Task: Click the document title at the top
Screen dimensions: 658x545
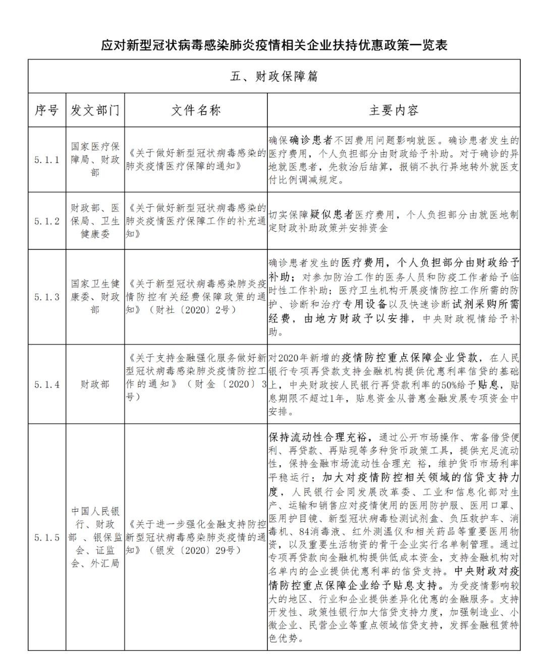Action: (274, 45)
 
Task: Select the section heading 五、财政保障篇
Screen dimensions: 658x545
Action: (274, 76)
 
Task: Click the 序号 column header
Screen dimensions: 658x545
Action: (47, 111)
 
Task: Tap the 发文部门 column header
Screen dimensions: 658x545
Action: (95, 111)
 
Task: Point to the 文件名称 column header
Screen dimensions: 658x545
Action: (196, 111)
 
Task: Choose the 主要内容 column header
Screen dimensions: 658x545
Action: (394, 111)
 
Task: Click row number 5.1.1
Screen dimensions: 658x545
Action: (47, 160)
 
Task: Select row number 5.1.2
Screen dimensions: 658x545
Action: (47, 221)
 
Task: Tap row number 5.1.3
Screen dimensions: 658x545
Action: (47, 297)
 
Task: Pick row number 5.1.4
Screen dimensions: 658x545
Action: (47, 385)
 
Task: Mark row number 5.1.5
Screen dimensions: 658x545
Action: (47, 537)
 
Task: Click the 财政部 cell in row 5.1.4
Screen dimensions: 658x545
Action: (95, 385)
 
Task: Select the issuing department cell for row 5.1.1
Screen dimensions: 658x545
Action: (95, 160)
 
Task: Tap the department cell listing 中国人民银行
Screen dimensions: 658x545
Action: (95, 537)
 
